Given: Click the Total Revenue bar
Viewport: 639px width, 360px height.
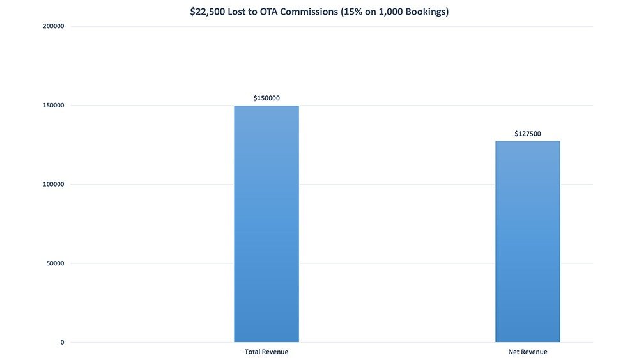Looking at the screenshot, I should pos(266,224).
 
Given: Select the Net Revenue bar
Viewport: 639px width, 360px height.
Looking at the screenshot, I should pos(527,242).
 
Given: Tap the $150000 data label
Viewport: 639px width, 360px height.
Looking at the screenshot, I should pos(266,98).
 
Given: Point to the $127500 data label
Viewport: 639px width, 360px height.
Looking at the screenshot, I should pos(528,134).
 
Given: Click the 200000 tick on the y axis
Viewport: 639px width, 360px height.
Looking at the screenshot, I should pos(52,26).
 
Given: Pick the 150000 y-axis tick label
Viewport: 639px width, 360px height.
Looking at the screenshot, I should pos(52,106).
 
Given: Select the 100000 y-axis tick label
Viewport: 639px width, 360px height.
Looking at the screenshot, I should pos(52,184).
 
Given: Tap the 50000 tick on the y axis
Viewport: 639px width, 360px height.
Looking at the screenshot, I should pos(54,263).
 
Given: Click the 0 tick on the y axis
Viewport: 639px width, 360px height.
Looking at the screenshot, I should pos(62,343).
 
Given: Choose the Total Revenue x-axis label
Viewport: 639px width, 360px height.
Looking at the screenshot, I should pos(266,352).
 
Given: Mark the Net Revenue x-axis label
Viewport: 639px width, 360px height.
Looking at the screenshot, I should pos(528,352).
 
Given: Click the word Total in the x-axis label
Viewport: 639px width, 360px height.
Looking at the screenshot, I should pos(254,352).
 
